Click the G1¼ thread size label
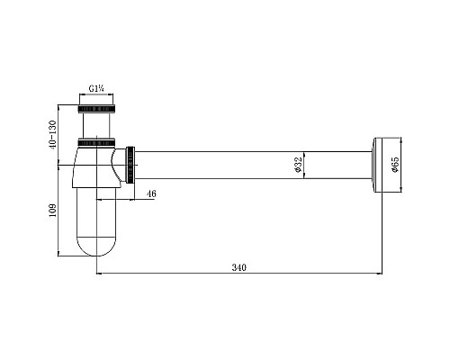pyautogui.click(x=96, y=88)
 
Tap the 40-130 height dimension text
pyautogui.click(x=52, y=135)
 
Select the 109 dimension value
pyautogui.click(x=52, y=211)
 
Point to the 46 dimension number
pyautogui.click(x=151, y=193)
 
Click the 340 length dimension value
pyautogui.click(x=238, y=267)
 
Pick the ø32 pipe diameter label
pyautogui.click(x=298, y=165)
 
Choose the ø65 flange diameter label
pyautogui.click(x=395, y=165)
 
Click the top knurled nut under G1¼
pyautogui.click(x=96, y=109)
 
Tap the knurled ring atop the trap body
pyautogui.click(x=96, y=142)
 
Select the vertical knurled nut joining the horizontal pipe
pyautogui.click(x=130, y=165)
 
